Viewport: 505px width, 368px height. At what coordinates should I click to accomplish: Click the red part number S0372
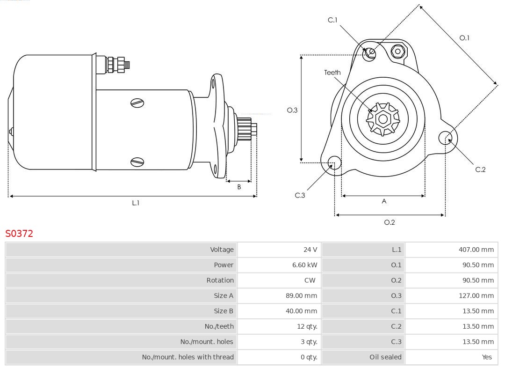[x=19, y=234]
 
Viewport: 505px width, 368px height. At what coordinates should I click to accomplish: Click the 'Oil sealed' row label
[x=385, y=357]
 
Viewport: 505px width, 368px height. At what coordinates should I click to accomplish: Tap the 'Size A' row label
[x=224, y=296]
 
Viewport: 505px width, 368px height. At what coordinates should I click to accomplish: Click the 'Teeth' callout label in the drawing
[x=332, y=73]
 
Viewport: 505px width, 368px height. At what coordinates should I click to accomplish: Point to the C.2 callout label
[x=480, y=169]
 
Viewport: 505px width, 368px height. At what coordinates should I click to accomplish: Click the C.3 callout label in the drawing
[x=300, y=195]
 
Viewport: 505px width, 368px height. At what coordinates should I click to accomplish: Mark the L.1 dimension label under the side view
[x=136, y=203]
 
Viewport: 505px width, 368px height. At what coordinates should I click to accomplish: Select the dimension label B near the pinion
[x=239, y=187]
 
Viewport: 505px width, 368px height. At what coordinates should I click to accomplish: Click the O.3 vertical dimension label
[x=292, y=110]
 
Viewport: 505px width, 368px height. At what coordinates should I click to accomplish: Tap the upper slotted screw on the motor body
[x=137, y=103]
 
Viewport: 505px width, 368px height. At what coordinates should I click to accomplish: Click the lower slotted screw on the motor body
[x=137, y=162]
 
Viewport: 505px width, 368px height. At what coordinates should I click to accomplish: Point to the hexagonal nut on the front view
[x=398, y=51]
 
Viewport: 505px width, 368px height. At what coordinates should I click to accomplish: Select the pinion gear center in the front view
[x=383, y=119]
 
